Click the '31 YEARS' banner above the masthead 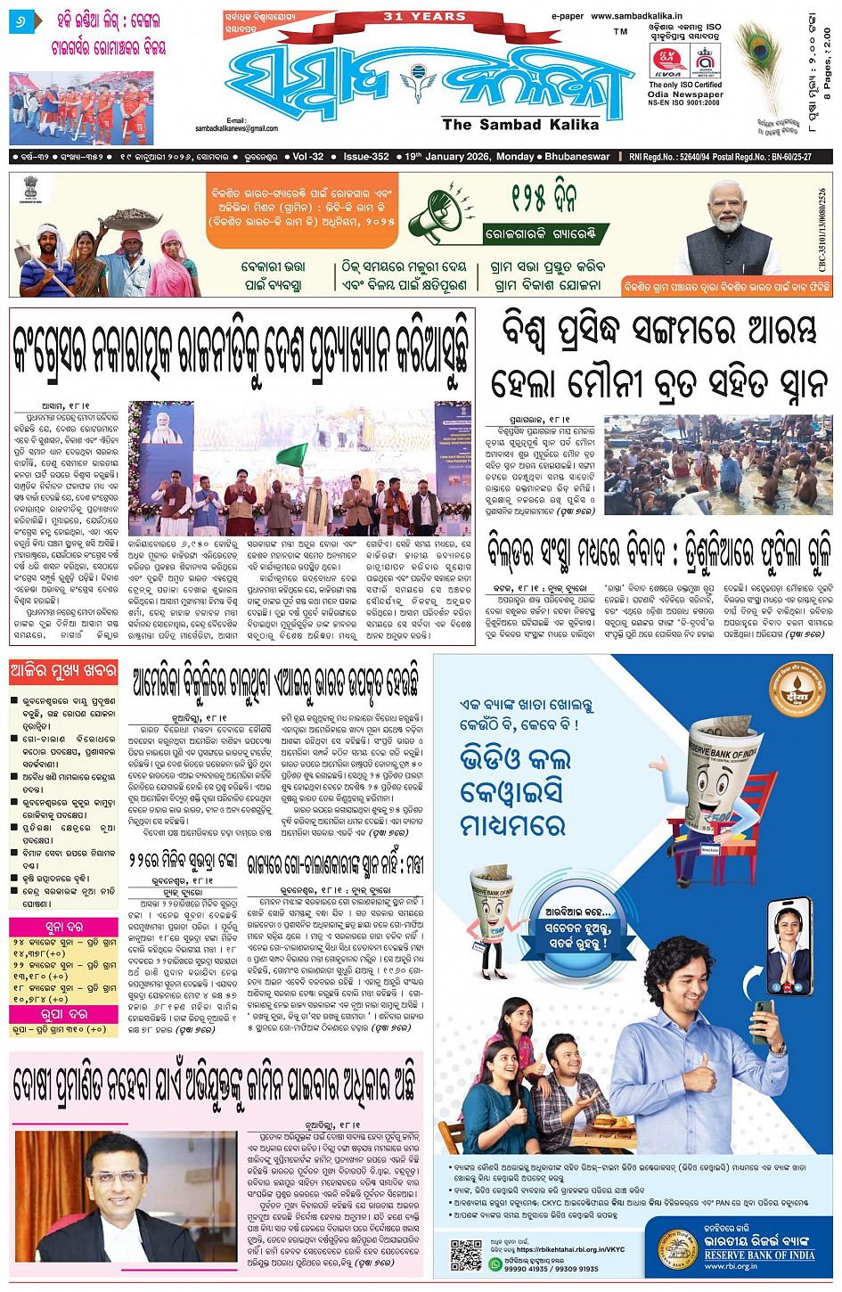click(425, 16)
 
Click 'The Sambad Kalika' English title click(520, 125)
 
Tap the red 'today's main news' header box click(64, 670)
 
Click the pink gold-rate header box click(64, 926)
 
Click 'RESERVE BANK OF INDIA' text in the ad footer click(759, 1255)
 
